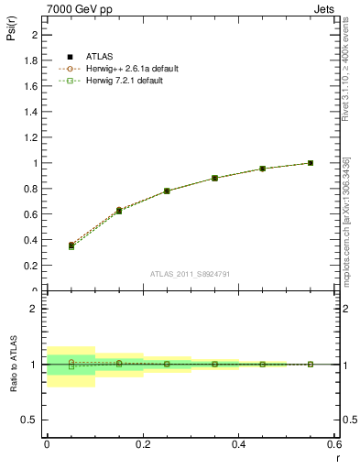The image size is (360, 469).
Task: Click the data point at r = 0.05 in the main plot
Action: (x=71, y=245)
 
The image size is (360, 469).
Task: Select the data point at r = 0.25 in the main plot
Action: (x=167, y=191)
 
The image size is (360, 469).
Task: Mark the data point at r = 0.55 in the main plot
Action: (x=311, y=163)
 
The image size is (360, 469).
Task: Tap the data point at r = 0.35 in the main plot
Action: (x=214, y=178)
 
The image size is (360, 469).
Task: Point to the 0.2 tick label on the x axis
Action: (x=142, y=443)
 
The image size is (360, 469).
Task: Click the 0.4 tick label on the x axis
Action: (x=238, y=443)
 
